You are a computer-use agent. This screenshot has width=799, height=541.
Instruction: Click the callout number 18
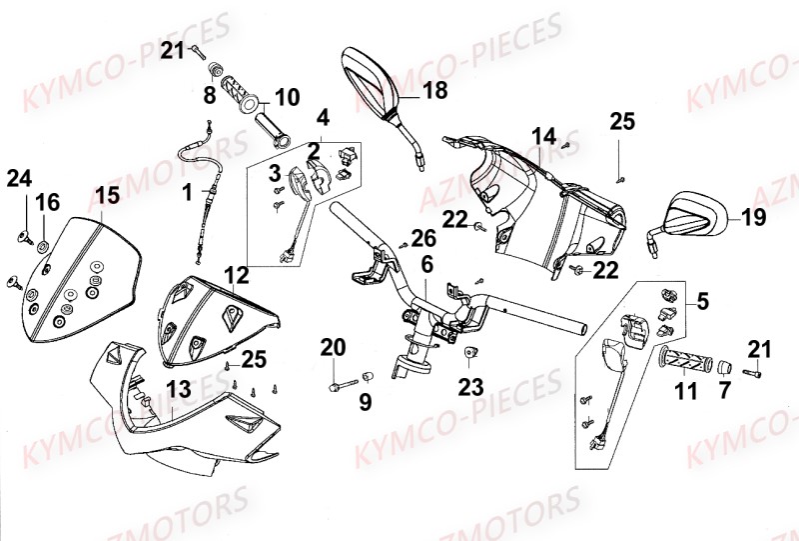(x=434, y=91)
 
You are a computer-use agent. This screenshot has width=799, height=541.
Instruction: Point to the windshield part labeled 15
(x=80, y=270)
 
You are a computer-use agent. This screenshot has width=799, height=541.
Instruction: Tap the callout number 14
(x=542, y=136)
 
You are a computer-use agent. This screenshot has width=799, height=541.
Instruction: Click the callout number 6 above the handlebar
(x=425, y=265)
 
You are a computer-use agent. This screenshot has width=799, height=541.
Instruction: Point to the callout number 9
(x=365, y=403)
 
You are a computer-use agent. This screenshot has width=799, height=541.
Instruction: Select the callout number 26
(x=422, y=238)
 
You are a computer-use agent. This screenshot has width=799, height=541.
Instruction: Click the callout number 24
(x=19, y=179)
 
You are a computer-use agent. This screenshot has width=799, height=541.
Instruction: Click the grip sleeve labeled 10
(x=273, y=128)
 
